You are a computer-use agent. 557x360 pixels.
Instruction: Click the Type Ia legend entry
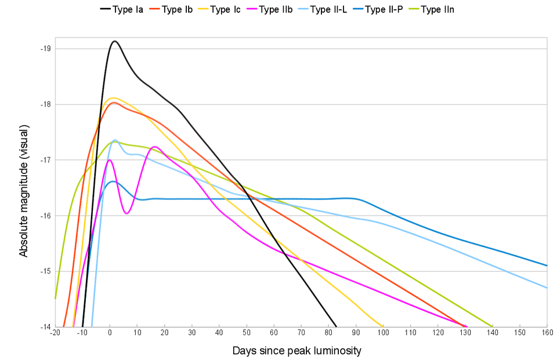[x=122, y=9]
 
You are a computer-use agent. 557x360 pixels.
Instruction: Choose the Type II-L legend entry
[x=322, y=9]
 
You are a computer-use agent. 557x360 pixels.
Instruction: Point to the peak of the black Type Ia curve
[x=115, y=41]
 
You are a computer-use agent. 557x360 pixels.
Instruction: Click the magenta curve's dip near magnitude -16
[x=126, y=213]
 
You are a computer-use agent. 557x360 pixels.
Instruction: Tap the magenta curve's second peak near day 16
[x=154, y=147]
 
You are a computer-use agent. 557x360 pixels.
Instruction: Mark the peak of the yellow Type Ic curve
[x=114, y=97]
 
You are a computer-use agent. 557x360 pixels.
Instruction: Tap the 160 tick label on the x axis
[x=547, y=333]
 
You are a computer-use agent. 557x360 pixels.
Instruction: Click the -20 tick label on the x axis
[x=55, y=333]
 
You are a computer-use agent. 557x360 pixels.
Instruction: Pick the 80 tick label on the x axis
[x=328, y=333]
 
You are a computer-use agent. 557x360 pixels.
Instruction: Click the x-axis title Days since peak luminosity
[x=297, y=351]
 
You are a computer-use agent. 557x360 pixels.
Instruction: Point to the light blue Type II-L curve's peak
[x=115, y=140]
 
